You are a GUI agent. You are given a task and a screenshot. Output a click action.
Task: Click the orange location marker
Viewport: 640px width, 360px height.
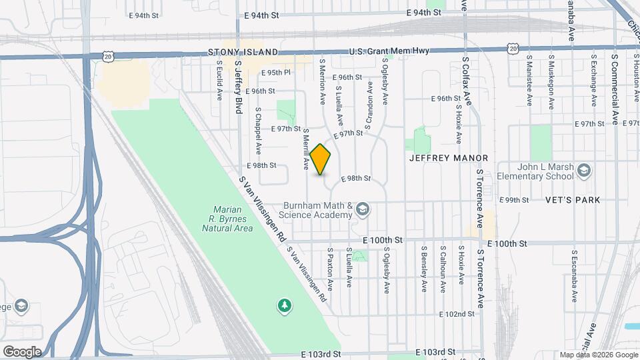(x=321, y=159)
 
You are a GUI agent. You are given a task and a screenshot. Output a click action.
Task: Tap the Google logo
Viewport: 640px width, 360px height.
(x=21, y=352)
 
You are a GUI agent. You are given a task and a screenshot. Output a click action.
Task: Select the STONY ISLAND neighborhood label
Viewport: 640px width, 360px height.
(x=233, y=51)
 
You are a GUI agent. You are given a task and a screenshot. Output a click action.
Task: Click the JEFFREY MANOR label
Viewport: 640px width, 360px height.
(x=449, y=158)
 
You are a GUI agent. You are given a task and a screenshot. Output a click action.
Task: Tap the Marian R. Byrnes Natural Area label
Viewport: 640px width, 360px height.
(x=228, y=218)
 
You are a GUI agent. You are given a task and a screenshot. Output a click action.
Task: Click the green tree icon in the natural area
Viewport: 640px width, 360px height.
(x=285, y=305)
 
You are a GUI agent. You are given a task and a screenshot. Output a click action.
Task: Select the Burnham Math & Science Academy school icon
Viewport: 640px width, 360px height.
(x=362, y=210)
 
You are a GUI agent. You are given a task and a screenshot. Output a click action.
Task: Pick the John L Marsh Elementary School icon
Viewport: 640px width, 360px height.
(x=584, y=171)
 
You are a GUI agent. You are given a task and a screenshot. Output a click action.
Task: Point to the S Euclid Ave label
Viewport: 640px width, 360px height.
(x=219, y=81)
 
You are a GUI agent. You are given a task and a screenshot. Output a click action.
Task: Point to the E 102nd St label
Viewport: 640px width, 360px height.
(x=456, y=313)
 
